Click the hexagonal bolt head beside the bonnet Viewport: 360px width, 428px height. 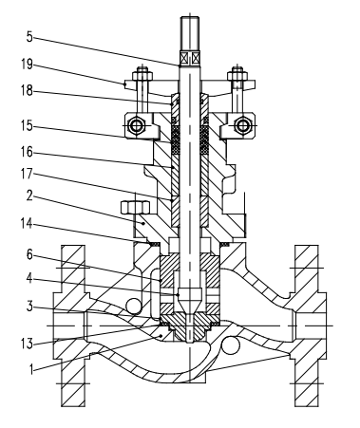[132, 208]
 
